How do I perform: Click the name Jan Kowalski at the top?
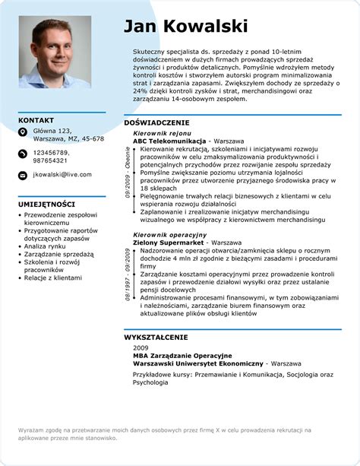tap(185, 27)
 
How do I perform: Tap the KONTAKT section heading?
tap(36, 120)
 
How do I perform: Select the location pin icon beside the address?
tap(23, 134)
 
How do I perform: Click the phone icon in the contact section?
tap(23, 155)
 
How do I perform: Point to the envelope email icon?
tap(23, 175)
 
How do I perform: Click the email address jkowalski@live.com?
tap(62, 175)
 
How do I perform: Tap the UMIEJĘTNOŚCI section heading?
tap(46, 204)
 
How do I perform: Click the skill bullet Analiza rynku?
tap(46, 246)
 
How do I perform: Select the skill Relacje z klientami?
tap(53, 278)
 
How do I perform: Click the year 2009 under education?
tap(141, 348)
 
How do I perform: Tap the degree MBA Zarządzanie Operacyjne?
tap(182, 356)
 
